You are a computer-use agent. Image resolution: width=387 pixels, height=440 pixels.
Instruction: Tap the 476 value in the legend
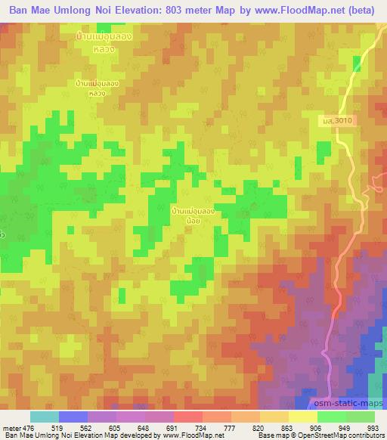click(29, 428)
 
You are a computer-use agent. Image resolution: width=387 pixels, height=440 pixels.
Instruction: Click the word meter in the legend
click(11, 428)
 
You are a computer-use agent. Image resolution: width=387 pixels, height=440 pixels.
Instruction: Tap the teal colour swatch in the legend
click(45, 417)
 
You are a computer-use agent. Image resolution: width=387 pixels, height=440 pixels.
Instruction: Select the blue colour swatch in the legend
click(73, 417)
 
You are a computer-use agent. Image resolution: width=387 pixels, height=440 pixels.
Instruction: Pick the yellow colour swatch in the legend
click(303, 417)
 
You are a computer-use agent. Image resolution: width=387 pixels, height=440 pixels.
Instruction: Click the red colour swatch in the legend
click(188, 417)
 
